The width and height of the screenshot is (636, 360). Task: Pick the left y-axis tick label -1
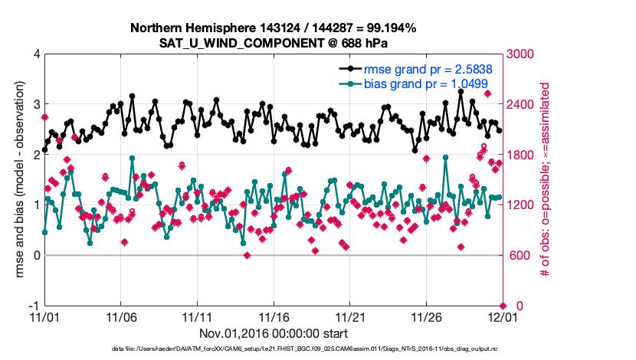pos(34,306)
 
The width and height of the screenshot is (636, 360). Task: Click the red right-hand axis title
pos(546,179)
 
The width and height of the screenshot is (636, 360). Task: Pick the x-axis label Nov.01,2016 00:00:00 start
pos(274,333)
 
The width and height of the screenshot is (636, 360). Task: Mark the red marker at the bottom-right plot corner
pos(503,306)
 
